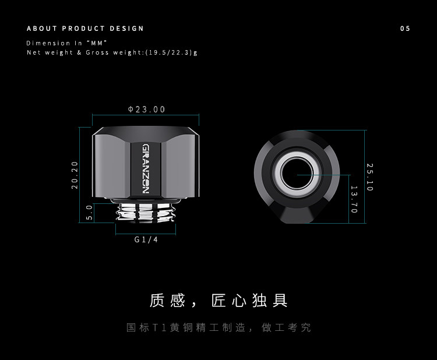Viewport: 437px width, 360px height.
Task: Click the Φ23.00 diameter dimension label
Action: pyautogui.click(x=146, y=110)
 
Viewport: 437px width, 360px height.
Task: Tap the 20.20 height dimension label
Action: pyautogui.click(x=75, y=175)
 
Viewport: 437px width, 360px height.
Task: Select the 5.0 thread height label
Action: pyautogui.click(x=89, y=212)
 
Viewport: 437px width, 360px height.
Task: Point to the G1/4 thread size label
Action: pyautogui.click(x=146, y=239)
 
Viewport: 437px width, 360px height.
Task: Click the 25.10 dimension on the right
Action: pyautogui.click(x=370, y=177)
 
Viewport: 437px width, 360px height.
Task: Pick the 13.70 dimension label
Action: pyautogui.click(x=354, y=199)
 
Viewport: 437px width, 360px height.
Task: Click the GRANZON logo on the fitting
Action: pyautogui.click(x=146, y=169)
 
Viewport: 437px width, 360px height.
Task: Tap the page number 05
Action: pyautogui.click(x=405, y=29)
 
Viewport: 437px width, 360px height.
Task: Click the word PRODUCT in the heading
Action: pyautogui.click(x=83, y=29)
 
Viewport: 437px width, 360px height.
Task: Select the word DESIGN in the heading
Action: pyautogui.click(x=127, y=29)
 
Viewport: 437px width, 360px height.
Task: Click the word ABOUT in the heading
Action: pyautogui.click(x=42, y=29)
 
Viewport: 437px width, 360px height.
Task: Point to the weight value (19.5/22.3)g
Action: pyautogui.click(x=171, y=52)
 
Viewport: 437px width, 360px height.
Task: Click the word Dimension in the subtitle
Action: pyautogui.click(x=48, y=43)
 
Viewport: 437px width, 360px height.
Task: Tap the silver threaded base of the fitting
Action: pyautogui.click(x=146, y=212)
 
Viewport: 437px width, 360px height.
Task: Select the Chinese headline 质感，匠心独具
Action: pyautogui.click(x=218, y=301)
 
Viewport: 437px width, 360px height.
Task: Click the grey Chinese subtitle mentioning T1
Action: pyautogui.click(x=218, y=327)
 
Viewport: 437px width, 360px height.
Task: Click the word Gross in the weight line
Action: pyautogui.click(x=97, y=52)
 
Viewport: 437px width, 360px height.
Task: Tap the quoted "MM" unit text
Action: pyautogui.click(x=97, y=43)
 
